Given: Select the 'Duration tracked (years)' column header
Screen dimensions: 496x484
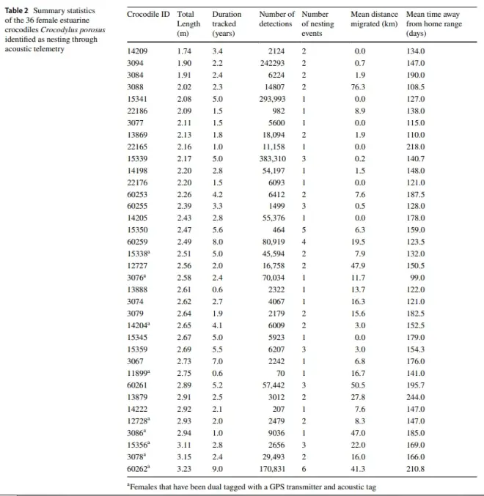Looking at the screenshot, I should [227, 24].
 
